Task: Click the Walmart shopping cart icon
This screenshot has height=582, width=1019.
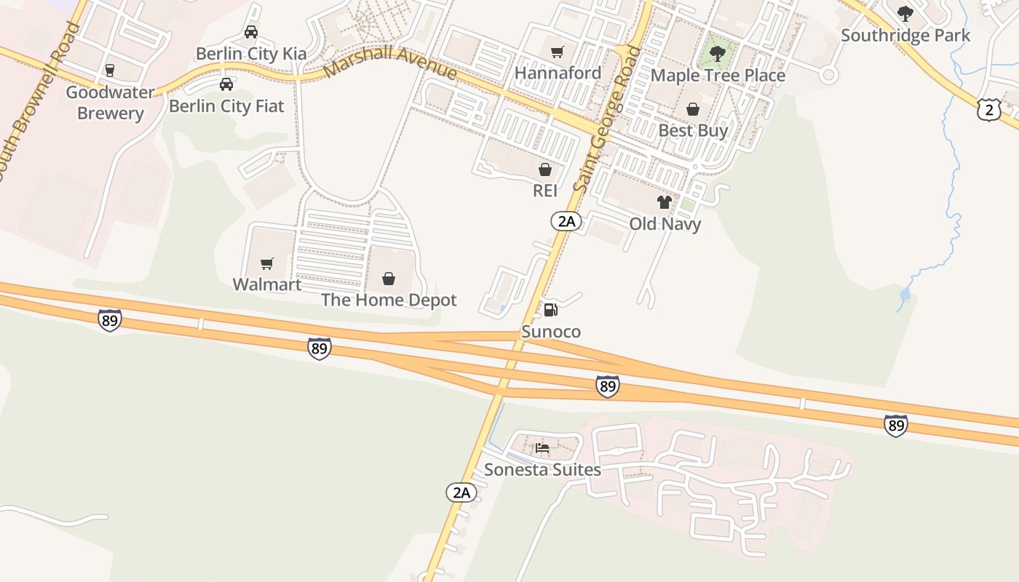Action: [267, 263]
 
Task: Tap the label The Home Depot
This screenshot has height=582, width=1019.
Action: [389, 300]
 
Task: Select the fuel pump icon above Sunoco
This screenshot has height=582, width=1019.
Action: [551, 310]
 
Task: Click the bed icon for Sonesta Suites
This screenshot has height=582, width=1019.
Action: [542, 447]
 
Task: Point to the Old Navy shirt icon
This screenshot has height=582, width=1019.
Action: [665, 202]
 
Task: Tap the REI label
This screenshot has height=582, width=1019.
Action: [545, 191]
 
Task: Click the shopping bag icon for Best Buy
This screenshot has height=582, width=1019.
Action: [693, 109]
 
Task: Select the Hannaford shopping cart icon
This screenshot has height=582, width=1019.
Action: [558, 52]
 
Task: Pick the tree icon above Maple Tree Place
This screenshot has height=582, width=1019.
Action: [718, 53]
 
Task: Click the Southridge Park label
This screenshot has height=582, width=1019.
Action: [905, 36]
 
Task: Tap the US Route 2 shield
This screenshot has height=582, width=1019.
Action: [989, 110]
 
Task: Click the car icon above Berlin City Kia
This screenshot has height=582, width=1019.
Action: [251, 32]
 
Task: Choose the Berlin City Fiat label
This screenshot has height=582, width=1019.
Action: [226, 106]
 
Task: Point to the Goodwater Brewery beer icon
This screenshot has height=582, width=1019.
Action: [110, 71]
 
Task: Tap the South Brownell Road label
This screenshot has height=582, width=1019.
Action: [39, 102]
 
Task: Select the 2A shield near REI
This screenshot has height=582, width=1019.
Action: [566, 220]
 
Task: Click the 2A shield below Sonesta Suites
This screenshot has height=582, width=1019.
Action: [461, 493]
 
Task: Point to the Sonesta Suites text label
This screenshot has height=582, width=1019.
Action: [542, 470]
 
